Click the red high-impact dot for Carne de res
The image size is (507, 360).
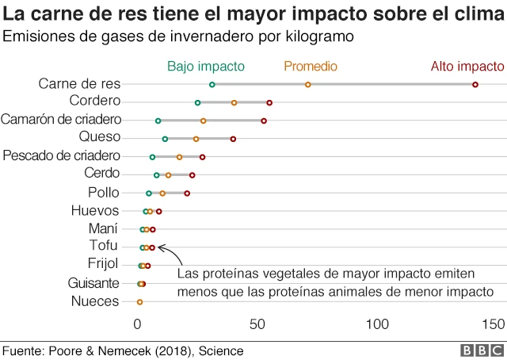(x=475, y=84)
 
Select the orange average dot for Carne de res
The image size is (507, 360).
(x=308, y=84)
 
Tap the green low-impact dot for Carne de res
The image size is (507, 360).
(x=212, y=84)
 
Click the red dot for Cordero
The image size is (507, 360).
(x=270, y=102)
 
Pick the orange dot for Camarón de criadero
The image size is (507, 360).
(x=204, y=121)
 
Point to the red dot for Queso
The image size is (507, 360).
(x=233, y=139)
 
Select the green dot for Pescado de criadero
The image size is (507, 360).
(x=153, y=157)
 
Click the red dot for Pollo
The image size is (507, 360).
(x=188, y=193)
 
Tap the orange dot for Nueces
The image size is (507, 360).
(x=140, y=302)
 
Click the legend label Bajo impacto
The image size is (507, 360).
(x=205, y=67)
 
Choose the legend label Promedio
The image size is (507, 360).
(x=311, y=67)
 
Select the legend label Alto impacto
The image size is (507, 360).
(x=467, y=67)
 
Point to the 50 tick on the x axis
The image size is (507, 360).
(x=257, y=324)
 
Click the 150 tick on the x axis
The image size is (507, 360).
(x=494, y=324)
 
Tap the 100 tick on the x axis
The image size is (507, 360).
(x=377, y=324)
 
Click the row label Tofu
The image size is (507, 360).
(x=104, y=246)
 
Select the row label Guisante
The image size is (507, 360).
(x=94, y=283)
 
